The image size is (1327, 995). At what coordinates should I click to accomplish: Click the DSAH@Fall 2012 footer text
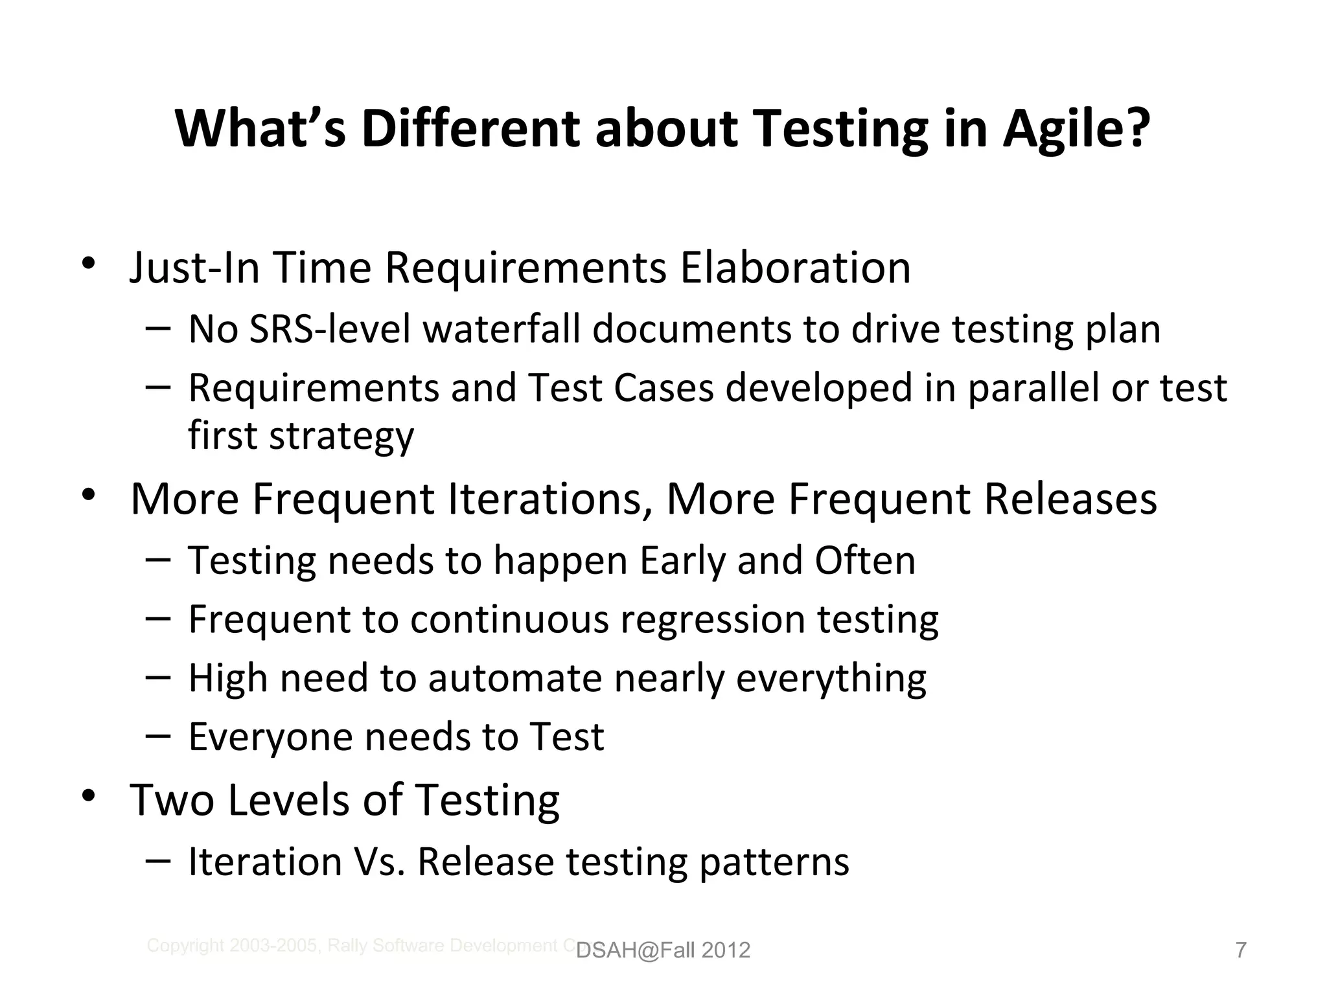pyautogui.click(x=663, y=950)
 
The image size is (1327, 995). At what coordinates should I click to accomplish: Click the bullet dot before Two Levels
pyautogui.click(x=89, y=796)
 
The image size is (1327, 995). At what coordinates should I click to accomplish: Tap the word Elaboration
pyautogui.click(x=795, y=268)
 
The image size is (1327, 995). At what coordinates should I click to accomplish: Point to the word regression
pyautogui.click(x=712, y=620)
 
